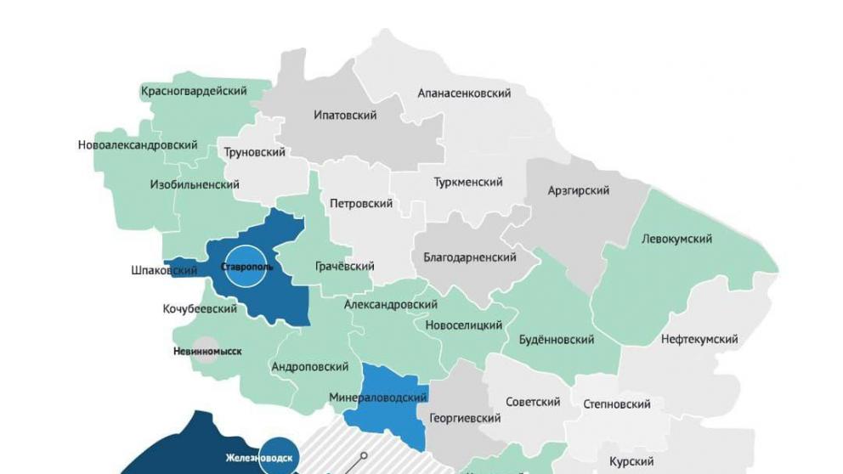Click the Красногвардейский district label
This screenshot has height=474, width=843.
click(x=194, y=91)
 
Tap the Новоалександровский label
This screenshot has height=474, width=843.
click(x=138, y=145)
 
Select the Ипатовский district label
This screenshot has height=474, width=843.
click(x=345, y=116)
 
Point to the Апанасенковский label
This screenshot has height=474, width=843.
click(x=464, y=93)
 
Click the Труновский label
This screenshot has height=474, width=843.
click(x=254, y=153)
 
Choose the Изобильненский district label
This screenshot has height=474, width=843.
click(x=195, y=184)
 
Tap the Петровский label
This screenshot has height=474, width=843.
click(x=361, y=204)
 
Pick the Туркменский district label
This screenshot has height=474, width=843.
click(x=468, y=183)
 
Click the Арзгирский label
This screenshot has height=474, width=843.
click(x=578, y=191)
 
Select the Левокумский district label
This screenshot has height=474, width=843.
click(x=677, y=240)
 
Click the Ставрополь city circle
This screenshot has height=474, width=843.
click(x=246, y=267)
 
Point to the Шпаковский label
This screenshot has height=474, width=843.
click(x=164, y=271)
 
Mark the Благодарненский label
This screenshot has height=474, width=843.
click(x=470, y=257)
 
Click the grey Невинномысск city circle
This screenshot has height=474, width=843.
click(x=204, y=351)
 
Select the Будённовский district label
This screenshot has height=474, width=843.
click(x=556, y=340)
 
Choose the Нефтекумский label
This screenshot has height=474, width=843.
click(x=699, y=340)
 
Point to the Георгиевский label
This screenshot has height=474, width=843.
click(x=465, y=419)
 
